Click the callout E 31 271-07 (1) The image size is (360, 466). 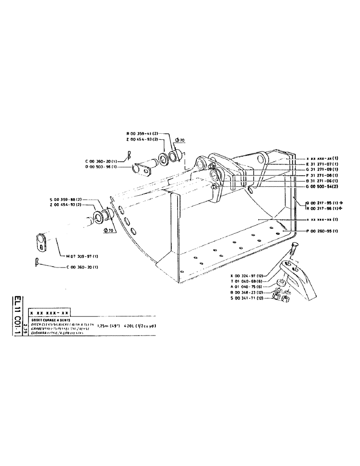coord(322,164)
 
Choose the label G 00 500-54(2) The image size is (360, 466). coord(322,186)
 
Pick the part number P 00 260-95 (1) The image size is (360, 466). coord(322,231)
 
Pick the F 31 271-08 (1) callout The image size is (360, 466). coord(322,175)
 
